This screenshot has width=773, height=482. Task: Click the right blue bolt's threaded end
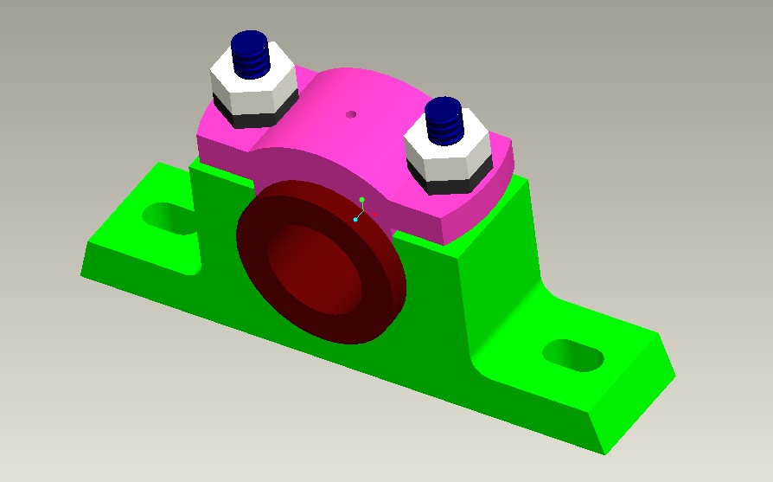click(444, 119)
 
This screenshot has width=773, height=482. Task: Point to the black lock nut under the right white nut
click(445, 184)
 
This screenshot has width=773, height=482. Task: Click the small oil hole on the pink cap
click(350, 113)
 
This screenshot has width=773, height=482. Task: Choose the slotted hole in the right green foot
click(572, 354)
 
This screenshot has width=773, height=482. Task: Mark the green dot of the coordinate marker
click(362, 200)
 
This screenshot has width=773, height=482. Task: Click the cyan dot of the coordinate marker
click(355, 220)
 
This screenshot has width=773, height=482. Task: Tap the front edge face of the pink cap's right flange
click(476, 221)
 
